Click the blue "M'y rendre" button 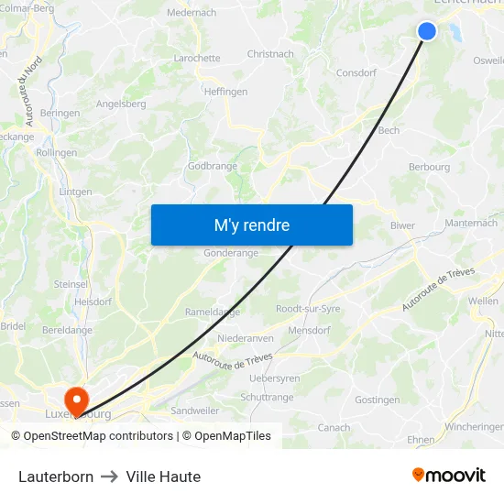pyautogui.click(x=251, y=225)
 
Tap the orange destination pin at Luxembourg pyautogui.click(x=74, y=397)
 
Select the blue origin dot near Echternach pyautogui.click(x=427, y=31)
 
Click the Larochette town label pyautogui.click(x=197, y=58)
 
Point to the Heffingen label pyautogui.click(x=225, y=92)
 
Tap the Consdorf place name pyautogui.click(x=356, y=72)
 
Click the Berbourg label pyautogui.click(x=429, y=168)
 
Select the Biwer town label pyautogui.click(x=402, y=225)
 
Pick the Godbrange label pyautogui.click(x=213, y=166)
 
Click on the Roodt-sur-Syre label pyautogui.click(x=308, y=309)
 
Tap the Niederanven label pyautogui.click(x=246, y=338)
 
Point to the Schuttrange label pyautogui.click(x=267, y=397)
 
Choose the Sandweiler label pyautogui.click(x=195, y=411)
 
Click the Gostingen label pyautogui.click(x=378, y=400)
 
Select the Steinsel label pyautogui.click(x=71, y=284)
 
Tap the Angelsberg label pyautogui.click(x=121, y=104)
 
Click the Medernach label pyautogui.click(x=192, y=13)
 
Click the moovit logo pyautogui.click(x=449, y=475)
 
